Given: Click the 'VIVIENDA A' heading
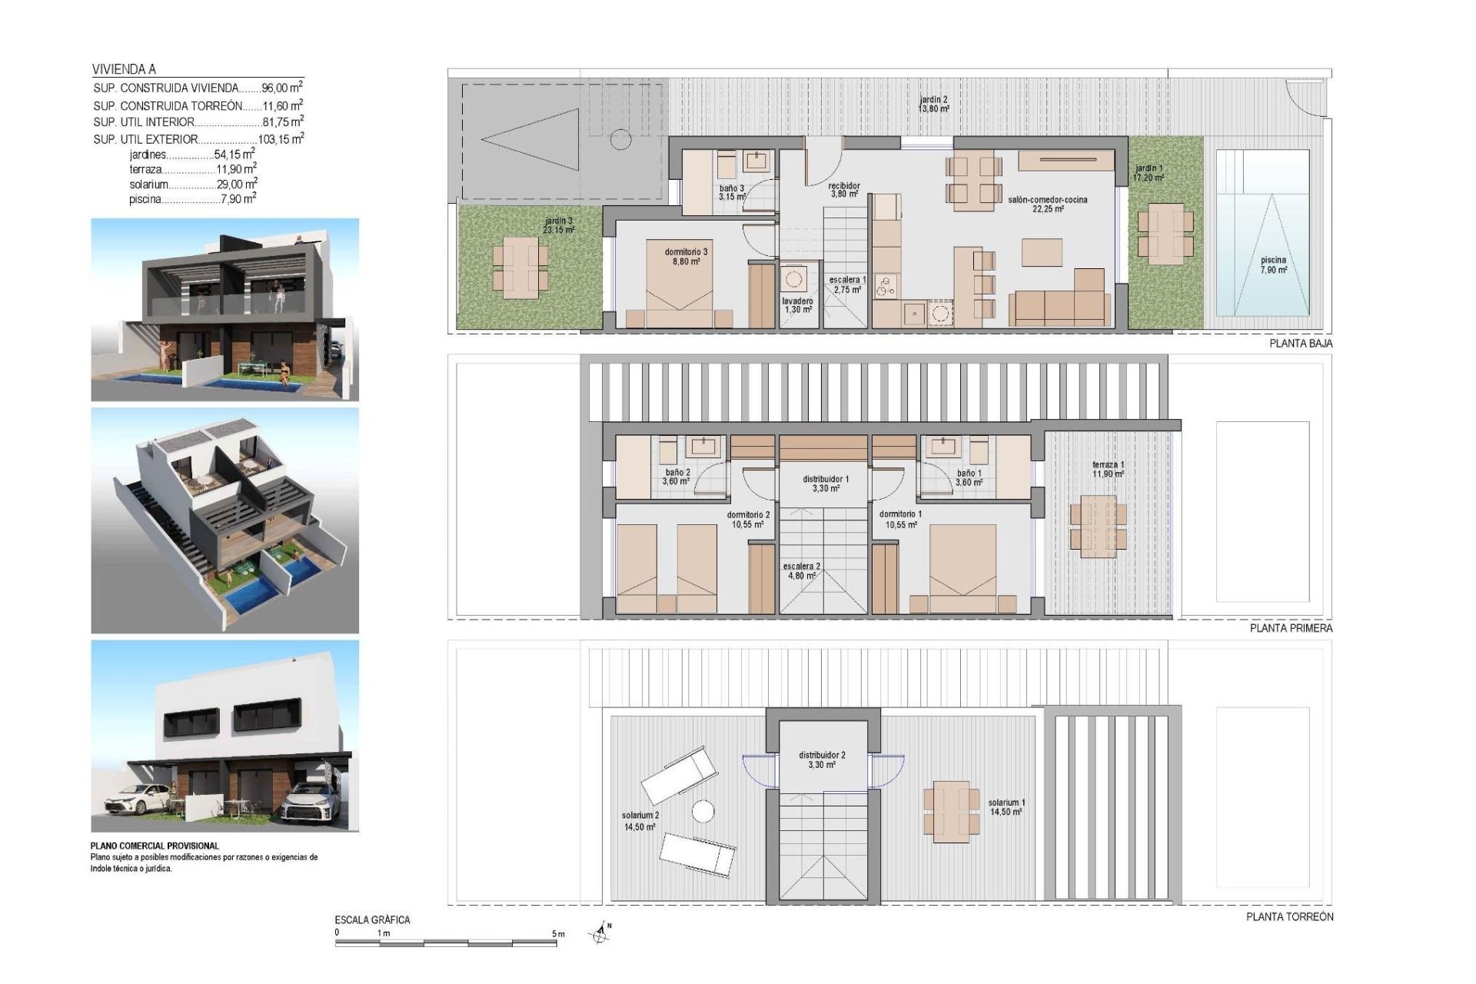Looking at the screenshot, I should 124,69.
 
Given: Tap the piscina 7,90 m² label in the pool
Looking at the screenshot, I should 1273,264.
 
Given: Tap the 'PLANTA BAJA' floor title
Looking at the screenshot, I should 1301,344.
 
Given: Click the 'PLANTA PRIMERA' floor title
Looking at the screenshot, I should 1291,628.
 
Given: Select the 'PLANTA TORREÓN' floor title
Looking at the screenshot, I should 1289,916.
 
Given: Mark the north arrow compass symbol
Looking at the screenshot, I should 601,933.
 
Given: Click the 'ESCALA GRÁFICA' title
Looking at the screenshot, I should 372,919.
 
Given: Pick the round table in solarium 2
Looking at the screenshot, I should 703,811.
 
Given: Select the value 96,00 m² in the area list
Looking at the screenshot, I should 281,88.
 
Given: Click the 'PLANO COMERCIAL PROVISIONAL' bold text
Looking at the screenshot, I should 155,846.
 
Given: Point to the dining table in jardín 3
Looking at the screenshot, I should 520,267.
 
